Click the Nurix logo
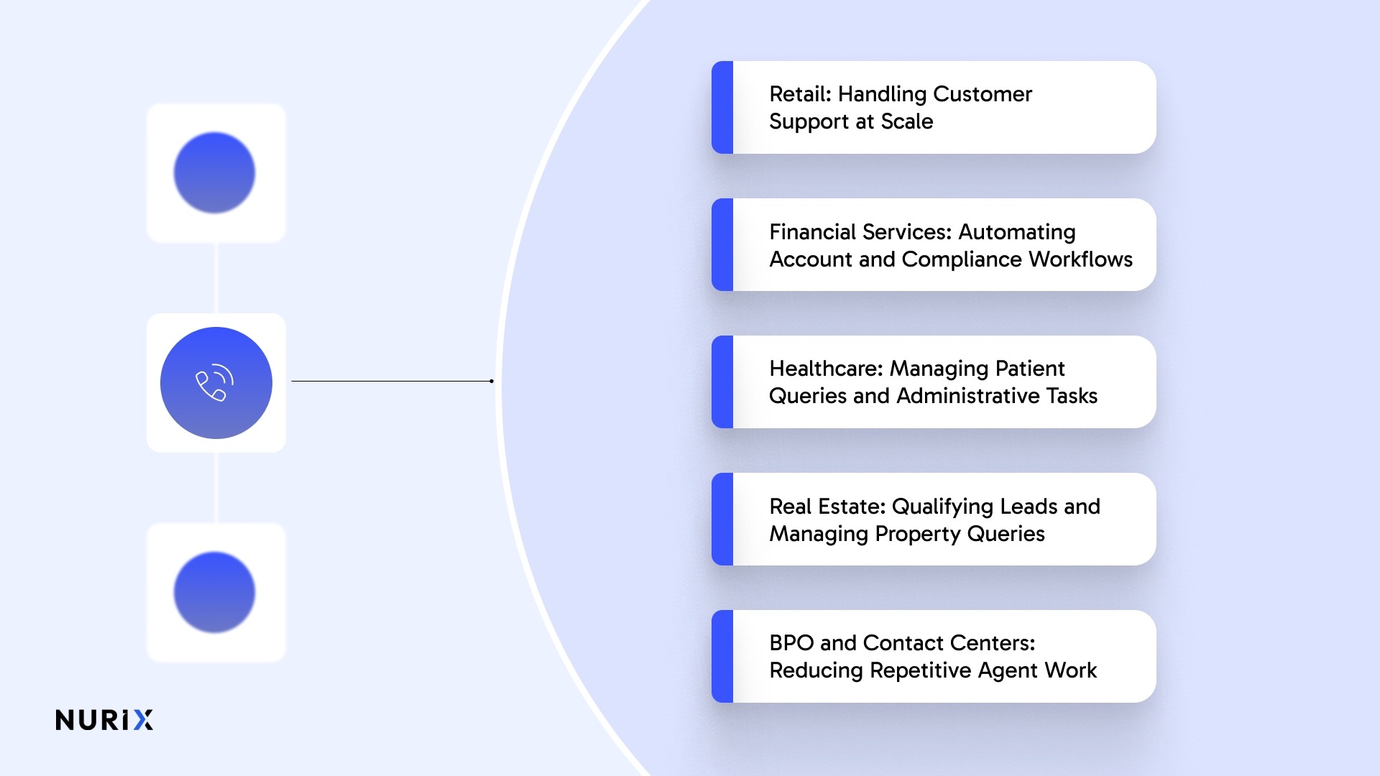(x=104, y=720)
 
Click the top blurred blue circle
(x=214, y=172)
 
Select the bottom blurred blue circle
(x=214, y=592)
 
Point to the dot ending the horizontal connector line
(x=492, y=381)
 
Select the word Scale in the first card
(x=907, y=121)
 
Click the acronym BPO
(x=791, y=643)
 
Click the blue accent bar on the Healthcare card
(x=722, y=382)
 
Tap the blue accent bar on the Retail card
(x=722, y=107)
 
